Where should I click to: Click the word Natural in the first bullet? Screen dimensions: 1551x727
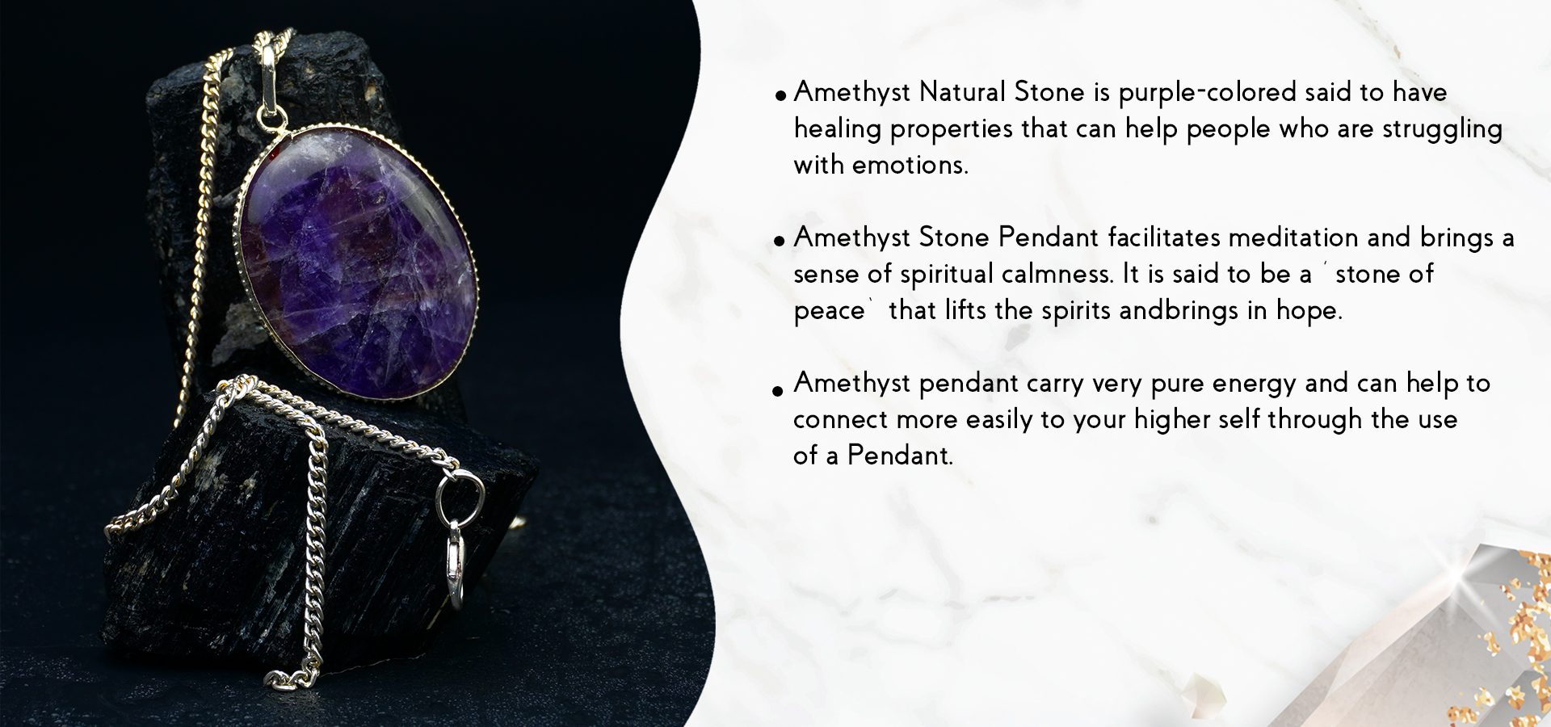point(963,92)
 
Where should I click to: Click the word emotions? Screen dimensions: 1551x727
point(910,165)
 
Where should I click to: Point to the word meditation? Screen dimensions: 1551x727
point(1293,237)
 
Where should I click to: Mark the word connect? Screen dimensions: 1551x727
point(840,420)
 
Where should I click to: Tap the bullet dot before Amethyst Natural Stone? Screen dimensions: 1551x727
point(780,95)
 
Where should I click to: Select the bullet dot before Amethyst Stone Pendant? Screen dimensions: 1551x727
point(780,241)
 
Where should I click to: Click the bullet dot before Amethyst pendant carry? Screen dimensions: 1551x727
point(779,392)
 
